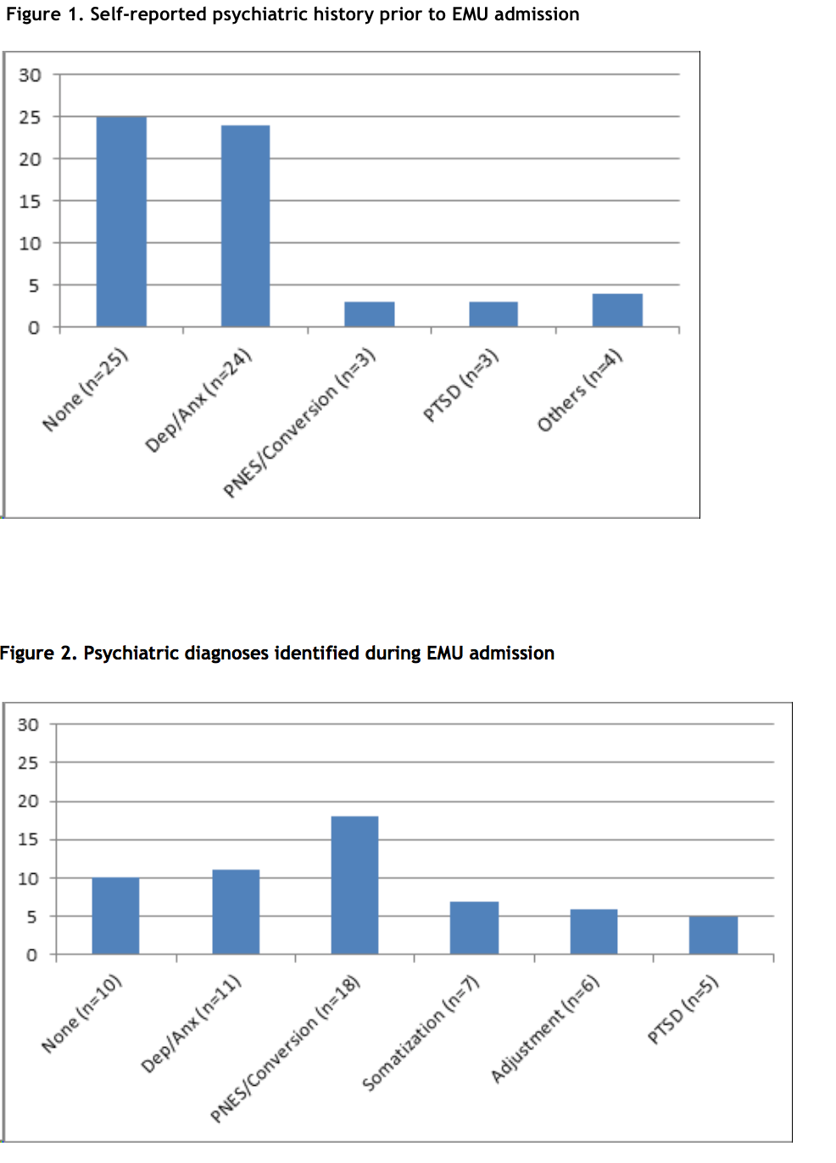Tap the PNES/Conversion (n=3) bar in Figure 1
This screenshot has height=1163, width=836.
[x=369, y=314]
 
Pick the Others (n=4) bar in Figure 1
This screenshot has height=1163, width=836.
[x=617, y=310]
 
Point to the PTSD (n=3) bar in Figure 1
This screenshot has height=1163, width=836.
[x=493, y=314]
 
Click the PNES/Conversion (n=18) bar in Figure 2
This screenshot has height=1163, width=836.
[x=354, y=885]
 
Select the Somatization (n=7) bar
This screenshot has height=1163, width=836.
[x=474, y=928]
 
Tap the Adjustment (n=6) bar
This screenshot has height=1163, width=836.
[x=594, y=932]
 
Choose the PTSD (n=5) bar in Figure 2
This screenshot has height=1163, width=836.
[x=713, y=935]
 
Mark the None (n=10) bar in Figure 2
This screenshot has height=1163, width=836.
[x=115, y=916]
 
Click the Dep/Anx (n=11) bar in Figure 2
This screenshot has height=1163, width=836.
[x=236, y=912]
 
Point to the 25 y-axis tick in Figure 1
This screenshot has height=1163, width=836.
[x=30, y=117]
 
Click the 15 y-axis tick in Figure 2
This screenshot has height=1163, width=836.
[x=28, y=839]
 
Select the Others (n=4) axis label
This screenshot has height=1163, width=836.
[x=580, y=390]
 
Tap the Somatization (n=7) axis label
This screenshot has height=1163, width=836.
[x=421, y=1033]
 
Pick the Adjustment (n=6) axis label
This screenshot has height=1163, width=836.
[x=545, y=1029]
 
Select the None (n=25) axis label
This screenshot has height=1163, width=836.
[x=85, y=389]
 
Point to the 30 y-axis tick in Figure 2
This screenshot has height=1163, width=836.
[x=28, y=725]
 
